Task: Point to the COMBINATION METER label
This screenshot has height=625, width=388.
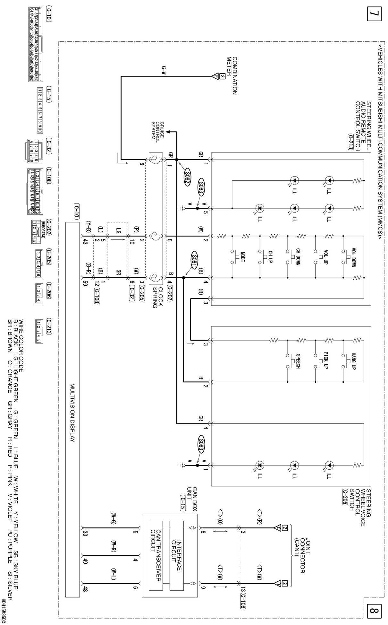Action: click(232, 76)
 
